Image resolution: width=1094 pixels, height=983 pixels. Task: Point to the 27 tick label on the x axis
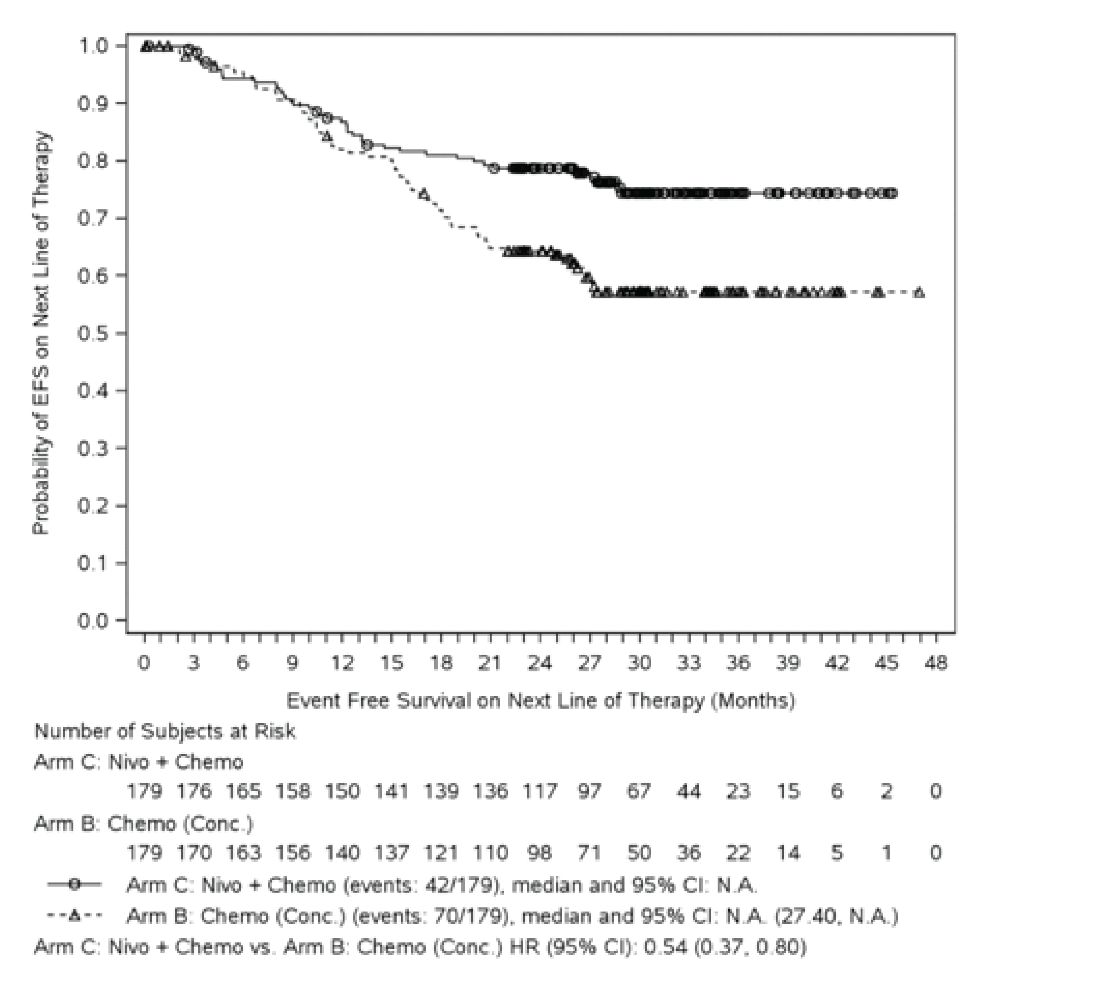(589, 663)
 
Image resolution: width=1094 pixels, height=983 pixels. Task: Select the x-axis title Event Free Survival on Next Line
(540, 700)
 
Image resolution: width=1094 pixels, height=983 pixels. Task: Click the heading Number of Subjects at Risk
(165, 731)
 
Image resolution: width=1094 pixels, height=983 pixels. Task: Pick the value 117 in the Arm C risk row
(540, 791)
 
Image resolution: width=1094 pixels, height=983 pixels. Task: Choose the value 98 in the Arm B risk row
(540, 853)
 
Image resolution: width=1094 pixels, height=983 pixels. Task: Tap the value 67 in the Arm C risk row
(639, 791)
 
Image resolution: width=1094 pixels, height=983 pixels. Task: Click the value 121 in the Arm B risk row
(441, 853)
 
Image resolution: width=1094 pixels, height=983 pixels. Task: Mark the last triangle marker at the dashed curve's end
(919, 293)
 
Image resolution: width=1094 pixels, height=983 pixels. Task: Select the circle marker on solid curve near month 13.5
(367, 145)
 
